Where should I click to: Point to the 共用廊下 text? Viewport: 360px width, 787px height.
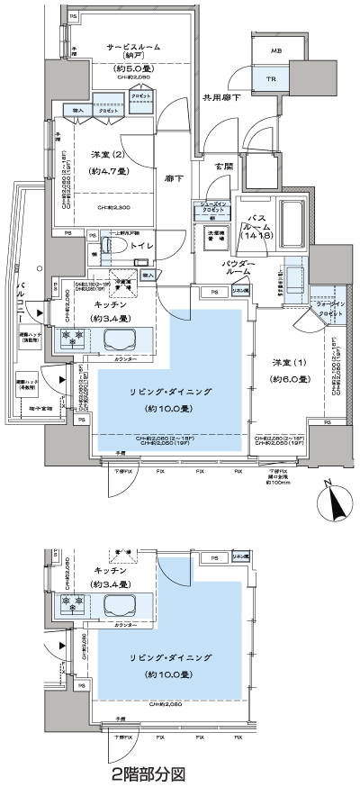click(220, 96)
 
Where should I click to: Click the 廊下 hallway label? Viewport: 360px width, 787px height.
click(174, 179)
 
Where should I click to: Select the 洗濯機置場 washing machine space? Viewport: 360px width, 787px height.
click(215, 237)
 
